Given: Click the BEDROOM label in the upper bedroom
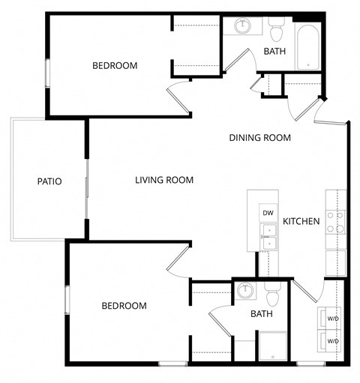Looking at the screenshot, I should pyautogui.click(x=115, y=66).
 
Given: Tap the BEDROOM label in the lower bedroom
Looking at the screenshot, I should pyautogui.click(x=124, y=306).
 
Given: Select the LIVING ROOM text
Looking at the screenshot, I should pyautogui.click(x=164, y=180).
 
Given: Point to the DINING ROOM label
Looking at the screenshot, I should pyautogui.click(x=259, y=138).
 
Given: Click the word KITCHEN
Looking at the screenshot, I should pyautogui.click(x=301, y=222).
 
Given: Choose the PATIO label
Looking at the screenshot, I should pyautogui.click(x=49, y=181).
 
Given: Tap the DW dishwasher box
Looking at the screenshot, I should pyautogui.click(x=268, y=214).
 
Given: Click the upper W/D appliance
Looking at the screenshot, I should pyautogui.click(x=331, y=318).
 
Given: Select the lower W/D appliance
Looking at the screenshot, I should pyautogui.click(x=331, y=341).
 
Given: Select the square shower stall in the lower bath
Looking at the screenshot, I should pyautogui.click(x=273, y=346).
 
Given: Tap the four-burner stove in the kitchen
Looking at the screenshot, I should pyautogui.click(x=335, y=222).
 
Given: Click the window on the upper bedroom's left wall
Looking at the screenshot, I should pyautogui.click(x=48, y=74).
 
